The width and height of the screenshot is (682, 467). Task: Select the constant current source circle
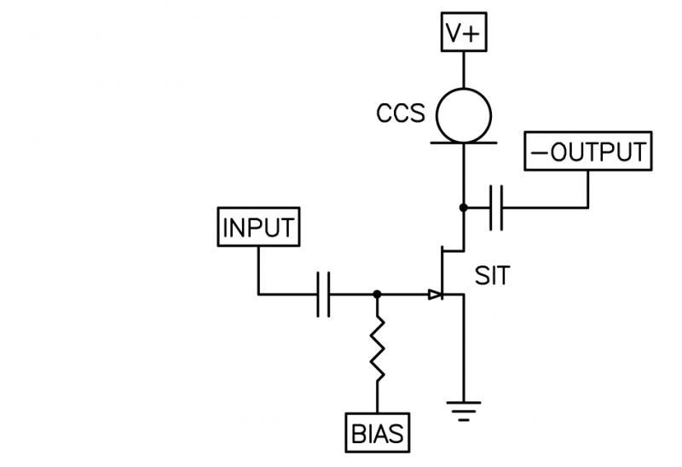click(x=464, y=114)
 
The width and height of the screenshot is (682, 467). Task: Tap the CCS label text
click(x=400, y=114)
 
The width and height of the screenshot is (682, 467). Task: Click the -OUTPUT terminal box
click(x=588, y=152)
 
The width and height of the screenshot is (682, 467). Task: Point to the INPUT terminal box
click(x=257, y=228)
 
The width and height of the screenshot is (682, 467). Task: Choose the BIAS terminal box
click(x=377, y=433)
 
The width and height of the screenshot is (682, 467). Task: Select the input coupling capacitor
click(x=323, y=295)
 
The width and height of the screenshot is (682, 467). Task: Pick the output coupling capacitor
click(x=498, y=207)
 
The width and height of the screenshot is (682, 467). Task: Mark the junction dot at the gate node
click(x=377, y=295)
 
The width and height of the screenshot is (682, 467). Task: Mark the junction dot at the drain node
click(x=463, y=207)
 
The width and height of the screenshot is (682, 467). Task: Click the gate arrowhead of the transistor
click(x=436, y=295)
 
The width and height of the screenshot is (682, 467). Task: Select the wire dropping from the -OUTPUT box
click(x=588, y=188)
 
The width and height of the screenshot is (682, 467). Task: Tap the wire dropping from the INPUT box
click(x=257, y=271)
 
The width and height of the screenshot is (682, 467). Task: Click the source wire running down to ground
click(x=463, y=350)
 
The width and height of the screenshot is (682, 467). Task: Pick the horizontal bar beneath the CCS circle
click(x=464, y=143)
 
